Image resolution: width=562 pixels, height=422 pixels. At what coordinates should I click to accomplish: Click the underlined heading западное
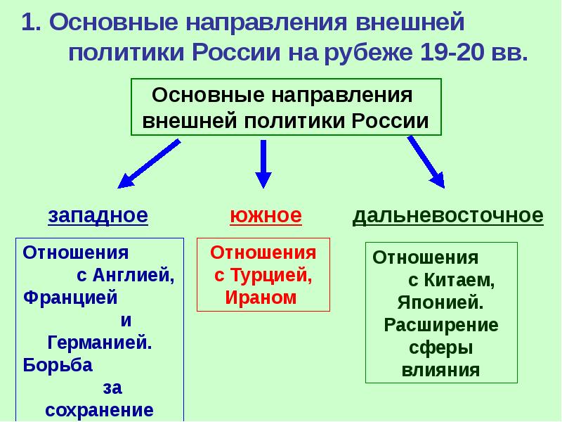(98, 215)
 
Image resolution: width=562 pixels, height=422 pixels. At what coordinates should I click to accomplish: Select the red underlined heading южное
(265, 215)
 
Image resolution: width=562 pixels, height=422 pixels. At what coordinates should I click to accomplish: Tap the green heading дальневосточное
(447, 215)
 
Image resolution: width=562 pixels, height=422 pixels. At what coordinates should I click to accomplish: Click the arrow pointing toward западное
(148, 164)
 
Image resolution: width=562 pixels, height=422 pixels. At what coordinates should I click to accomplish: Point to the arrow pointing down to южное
(263, 164)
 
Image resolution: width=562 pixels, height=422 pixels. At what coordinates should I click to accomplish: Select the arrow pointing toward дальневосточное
(426, 162)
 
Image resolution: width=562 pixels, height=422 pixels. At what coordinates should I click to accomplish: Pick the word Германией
(100, 343)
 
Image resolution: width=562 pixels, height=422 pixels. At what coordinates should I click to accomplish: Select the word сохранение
(100, 411)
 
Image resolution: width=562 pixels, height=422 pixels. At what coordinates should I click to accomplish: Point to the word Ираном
(261, 297)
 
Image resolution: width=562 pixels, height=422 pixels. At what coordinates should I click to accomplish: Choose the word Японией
(440, 302)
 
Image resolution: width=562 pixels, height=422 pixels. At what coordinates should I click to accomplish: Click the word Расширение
(441, 325)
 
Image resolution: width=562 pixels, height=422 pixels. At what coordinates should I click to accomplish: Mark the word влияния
(441, 370)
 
